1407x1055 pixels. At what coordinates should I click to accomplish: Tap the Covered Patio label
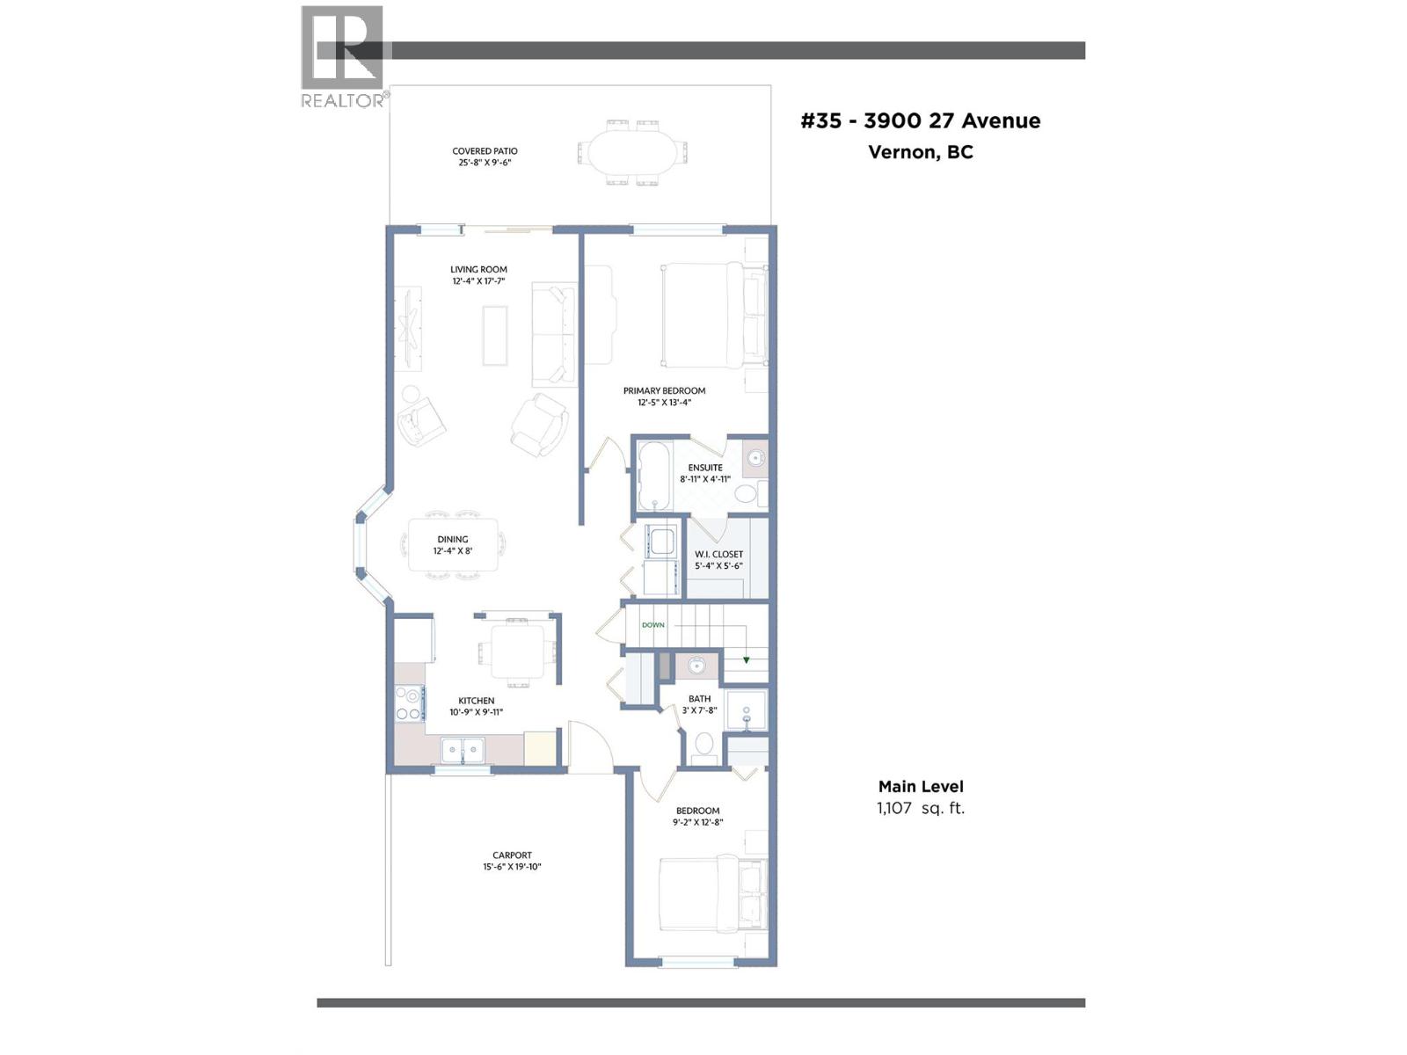485,151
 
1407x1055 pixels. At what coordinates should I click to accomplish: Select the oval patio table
632,153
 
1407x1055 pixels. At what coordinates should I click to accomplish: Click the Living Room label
478,270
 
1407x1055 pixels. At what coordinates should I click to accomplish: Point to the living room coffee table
495,335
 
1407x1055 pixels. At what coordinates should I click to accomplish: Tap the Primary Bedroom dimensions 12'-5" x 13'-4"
665,403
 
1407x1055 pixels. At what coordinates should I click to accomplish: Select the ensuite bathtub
653,476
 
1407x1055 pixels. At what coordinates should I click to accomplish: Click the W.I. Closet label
718,555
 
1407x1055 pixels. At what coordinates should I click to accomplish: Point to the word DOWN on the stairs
653,625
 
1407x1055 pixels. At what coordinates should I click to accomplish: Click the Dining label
453,540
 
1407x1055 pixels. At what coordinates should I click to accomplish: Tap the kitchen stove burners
408,703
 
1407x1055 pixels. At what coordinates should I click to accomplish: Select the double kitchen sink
463,750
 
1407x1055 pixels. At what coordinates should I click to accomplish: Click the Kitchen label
476,701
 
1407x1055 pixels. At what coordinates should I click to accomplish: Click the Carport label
512,855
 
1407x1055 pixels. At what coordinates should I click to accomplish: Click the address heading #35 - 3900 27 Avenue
921,121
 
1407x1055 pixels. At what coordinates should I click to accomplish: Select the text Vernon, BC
921,152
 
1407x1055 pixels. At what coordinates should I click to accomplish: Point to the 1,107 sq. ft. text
921,808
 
